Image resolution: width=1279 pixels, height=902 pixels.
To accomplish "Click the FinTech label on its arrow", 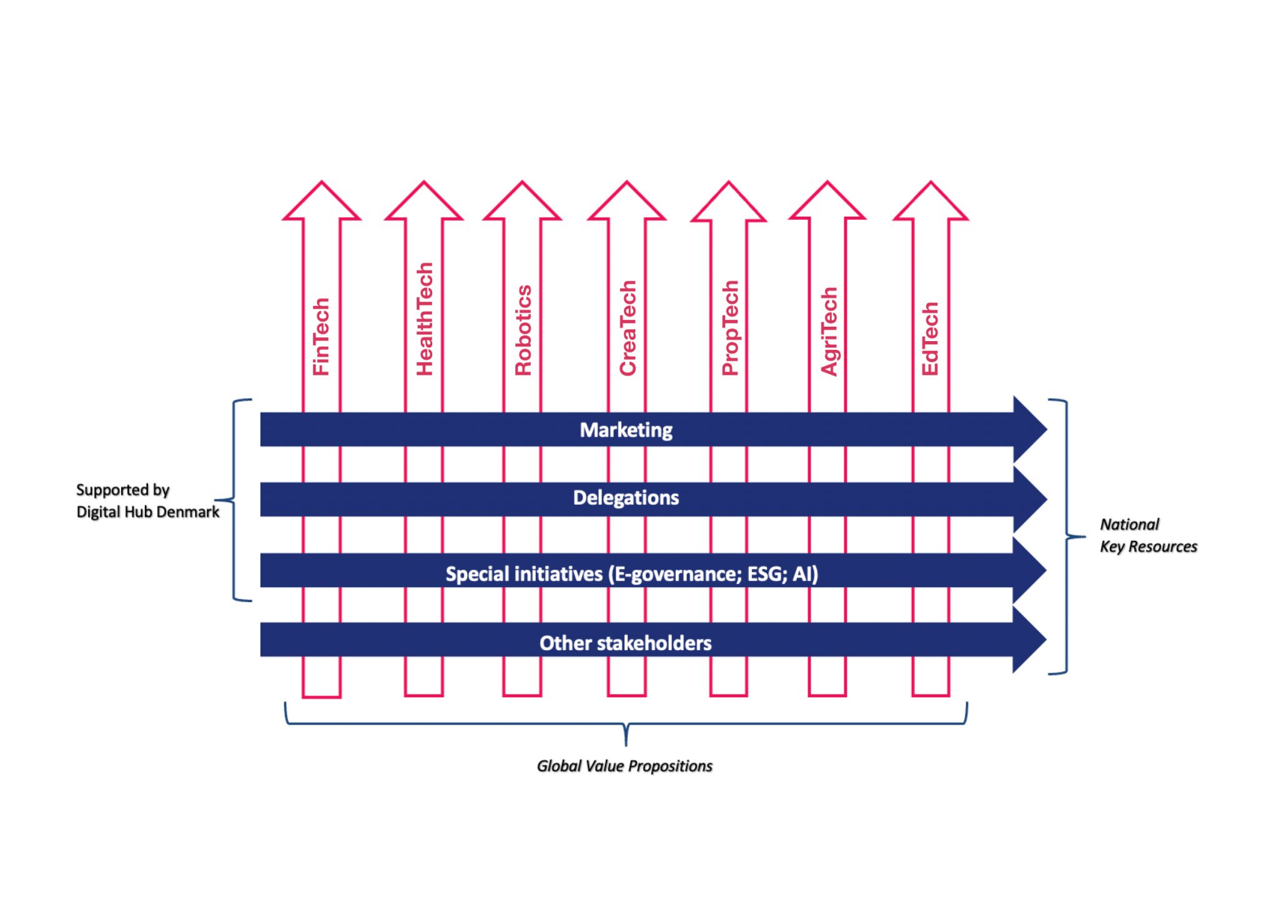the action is (321, 337).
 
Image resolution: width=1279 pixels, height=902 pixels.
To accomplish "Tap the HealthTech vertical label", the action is (425, 319).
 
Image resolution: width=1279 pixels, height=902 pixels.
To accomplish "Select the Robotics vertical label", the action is (523, 330).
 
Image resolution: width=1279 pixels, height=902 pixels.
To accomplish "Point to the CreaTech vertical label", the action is (627, 328).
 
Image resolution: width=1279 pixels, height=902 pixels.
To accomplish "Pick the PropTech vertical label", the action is (730, 328).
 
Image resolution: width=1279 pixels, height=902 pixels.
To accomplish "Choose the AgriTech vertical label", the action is (829, 332).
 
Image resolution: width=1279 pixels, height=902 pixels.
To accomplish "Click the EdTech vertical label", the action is (930, 339).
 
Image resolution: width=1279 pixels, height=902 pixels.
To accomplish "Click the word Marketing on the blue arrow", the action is (626, 430).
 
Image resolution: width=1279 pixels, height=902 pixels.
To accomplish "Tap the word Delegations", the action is (626, 498).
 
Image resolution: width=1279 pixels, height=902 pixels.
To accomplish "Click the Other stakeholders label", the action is (625, 643).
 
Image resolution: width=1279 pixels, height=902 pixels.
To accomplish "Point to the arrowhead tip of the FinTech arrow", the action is (322, 182).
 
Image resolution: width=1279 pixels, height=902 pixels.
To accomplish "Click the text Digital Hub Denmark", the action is (148, 512).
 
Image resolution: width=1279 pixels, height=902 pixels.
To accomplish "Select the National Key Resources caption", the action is (1148, 535).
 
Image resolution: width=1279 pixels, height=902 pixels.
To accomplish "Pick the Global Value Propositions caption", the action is (625, 766).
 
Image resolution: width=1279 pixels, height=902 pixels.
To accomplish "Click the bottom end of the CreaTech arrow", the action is (626, 695).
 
